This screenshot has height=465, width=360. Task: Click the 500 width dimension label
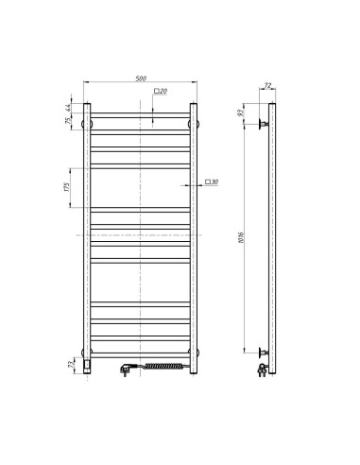141,77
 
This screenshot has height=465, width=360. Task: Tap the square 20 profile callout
161,91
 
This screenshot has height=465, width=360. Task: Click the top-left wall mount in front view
87,123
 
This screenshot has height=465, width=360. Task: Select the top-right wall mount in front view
195,123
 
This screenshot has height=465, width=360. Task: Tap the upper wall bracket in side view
266,124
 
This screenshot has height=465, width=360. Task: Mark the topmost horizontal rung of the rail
141,115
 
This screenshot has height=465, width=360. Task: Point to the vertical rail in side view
274,236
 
